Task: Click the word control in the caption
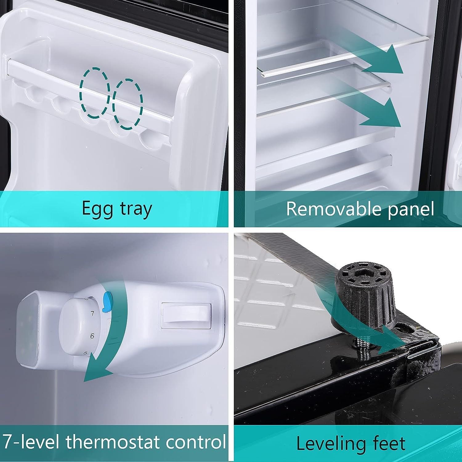196,442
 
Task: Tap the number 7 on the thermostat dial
92,314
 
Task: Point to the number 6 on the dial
92,336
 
